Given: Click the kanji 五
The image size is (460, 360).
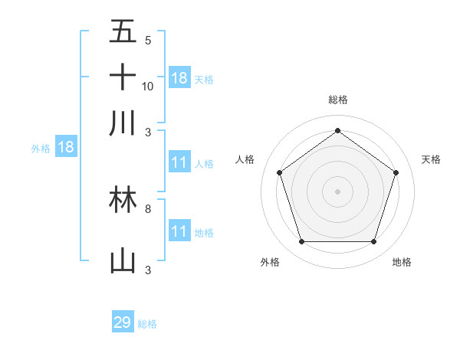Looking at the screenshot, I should (x=123, y=33).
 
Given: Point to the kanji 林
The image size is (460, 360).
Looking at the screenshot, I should (x=123, y=199).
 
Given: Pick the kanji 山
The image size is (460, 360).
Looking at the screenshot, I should (x=123, y=260).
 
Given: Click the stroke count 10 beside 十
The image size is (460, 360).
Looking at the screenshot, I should (x=148, y=87).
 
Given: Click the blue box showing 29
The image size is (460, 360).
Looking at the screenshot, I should (x=122, y=322).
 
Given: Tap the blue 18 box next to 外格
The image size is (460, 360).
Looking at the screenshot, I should (x=66, y=147).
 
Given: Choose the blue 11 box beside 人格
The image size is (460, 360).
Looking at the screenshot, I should (x=179, y=162).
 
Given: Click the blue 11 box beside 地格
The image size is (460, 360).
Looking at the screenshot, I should (x=179, y=231).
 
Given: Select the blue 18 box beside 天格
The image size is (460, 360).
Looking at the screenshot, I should (x=179, y=78).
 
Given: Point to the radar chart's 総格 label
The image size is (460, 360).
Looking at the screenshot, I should (x=337, y=100).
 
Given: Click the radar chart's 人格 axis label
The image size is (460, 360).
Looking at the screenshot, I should (x=245, y=159).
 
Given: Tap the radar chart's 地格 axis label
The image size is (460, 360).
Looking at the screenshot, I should (x=402, y=262).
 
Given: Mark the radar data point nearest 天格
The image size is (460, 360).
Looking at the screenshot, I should (x=396, y=172).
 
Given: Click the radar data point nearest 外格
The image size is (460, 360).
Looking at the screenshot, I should (x=301, y=242).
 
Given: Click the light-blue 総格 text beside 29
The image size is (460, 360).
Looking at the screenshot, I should (x=147, y=324).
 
